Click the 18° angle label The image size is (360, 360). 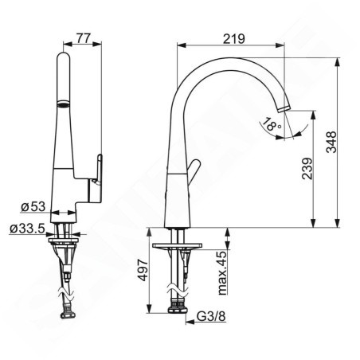pyautogui.click(x=272, y=123)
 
